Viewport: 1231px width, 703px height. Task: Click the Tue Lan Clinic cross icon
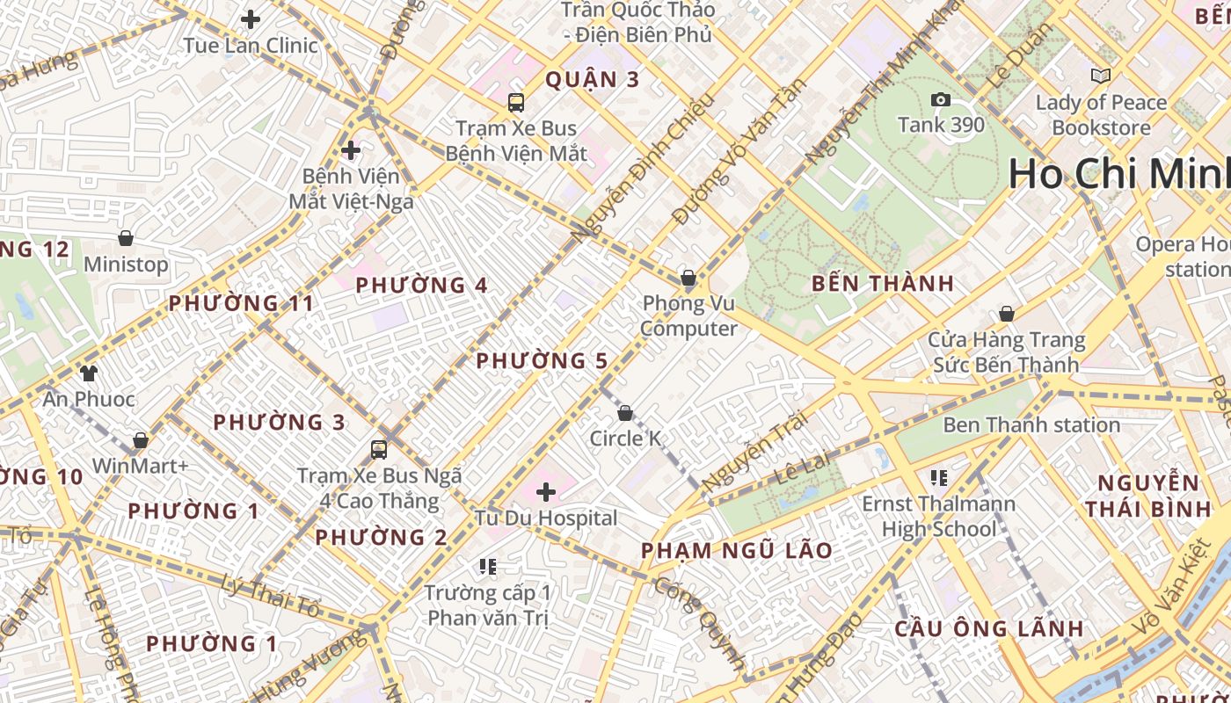[x=251, y=18]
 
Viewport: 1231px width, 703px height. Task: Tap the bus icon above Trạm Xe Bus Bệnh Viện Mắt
[x=516, y=102]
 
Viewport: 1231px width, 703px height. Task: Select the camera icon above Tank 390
[x=941, y=99]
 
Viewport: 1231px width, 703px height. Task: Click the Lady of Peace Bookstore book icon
[x=1100, y=76]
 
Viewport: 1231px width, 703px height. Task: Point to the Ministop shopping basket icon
[x=126, y=238]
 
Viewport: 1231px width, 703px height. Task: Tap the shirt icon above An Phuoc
[x=88, y=373]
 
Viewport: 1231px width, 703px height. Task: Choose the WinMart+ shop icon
[x=141, y=439]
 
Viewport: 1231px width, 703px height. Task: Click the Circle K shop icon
[x=625, y=412]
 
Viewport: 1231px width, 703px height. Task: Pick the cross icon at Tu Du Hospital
[x=546, y=491]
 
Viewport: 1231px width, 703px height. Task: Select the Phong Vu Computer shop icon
[x=688, y=279]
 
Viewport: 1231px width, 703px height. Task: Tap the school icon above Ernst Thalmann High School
[x=939, y=478]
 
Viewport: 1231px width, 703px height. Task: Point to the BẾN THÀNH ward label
[x=882, y=284]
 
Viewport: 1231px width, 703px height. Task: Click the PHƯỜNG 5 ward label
[x=542, y=361]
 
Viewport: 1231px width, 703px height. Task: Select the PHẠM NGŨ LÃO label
[x=736, y=551]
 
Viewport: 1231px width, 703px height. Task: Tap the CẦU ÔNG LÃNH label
[x=988, y=629]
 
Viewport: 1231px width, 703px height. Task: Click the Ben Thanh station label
[x=1031, y=425]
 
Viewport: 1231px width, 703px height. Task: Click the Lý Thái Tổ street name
[x=269, y=596]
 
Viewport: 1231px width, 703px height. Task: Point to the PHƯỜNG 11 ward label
[x=241, y=304]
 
